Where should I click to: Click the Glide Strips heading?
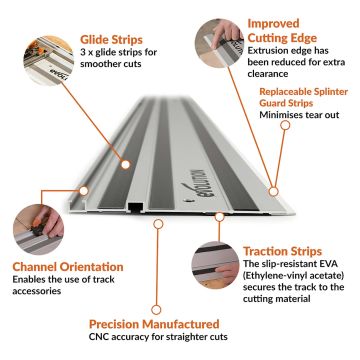click(111, 40)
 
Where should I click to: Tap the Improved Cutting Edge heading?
click(282, 31)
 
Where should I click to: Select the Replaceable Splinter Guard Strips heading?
click(303, 97)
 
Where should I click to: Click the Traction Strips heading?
click(282, 251)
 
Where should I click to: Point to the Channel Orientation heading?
click(68, 267)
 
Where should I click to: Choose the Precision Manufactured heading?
click(154, 324)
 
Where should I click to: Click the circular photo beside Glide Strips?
click(49, 60)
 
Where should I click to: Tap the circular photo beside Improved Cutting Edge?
click(220, 43)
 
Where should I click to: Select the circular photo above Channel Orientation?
click(38, 230)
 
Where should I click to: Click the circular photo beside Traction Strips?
click(216, 265)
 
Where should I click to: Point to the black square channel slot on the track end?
click(135, 208)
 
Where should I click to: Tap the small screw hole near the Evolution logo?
click(188, 201)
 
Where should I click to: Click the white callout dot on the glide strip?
click(125, 164)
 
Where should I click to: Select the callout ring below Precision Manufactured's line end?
click(156, 310)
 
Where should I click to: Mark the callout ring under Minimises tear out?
click(285, 125)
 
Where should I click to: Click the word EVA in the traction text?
click(329, 264)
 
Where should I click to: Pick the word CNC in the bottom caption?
click(99, 337)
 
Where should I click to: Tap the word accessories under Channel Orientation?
click(37, 291)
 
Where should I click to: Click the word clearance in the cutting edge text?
click(268, 74)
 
